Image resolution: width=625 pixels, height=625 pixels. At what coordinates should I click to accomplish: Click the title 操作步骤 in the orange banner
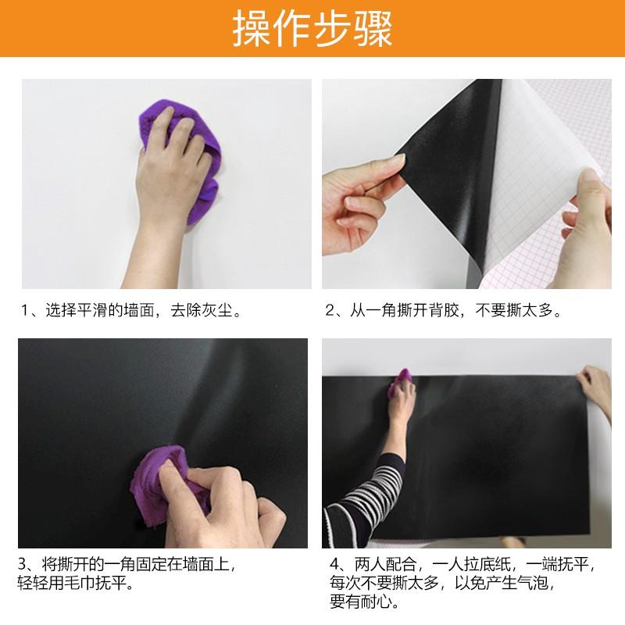[x=312, y=30]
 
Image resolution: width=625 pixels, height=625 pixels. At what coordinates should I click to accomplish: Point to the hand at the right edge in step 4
[x=595, y=391]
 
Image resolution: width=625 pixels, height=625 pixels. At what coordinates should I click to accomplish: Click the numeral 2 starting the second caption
[x=330, y=310]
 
